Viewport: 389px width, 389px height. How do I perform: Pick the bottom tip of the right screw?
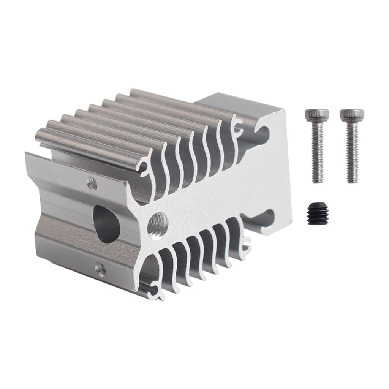(x=353, y=181)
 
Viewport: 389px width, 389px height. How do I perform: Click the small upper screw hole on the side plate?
(x=92, y=184)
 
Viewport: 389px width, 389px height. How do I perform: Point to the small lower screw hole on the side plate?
(x=100, y=269)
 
